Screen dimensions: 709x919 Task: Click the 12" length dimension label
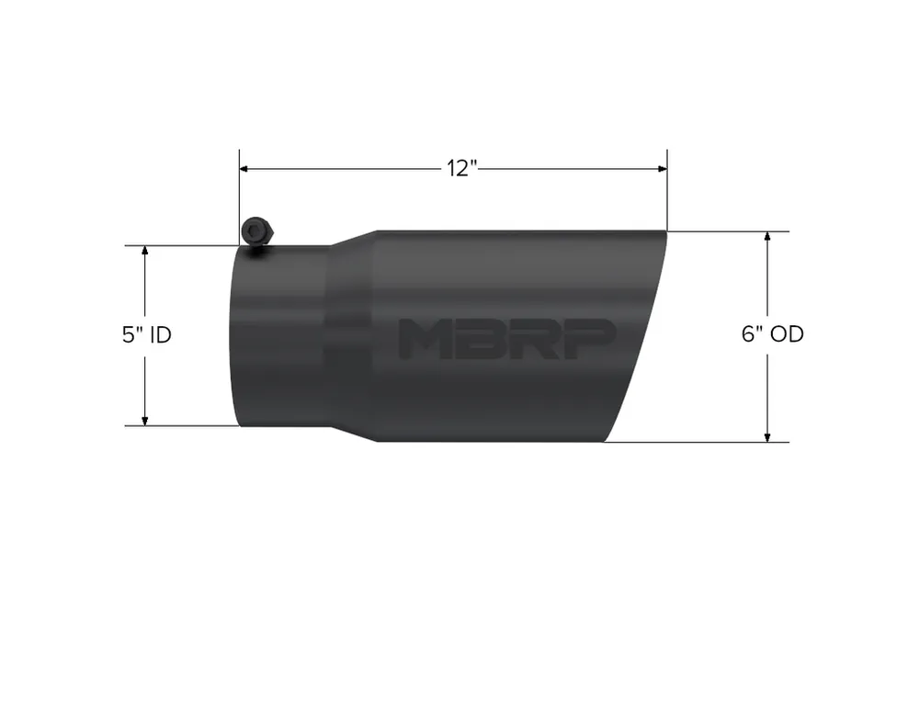tap(463, 169)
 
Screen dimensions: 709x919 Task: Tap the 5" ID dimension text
tap(146, 335)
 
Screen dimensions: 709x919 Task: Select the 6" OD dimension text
tap(773, 334)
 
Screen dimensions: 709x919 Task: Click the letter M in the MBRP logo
tap(425, 339)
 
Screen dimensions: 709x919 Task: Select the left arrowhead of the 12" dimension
tap(245, 169)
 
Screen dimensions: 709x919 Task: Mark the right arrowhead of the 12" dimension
tap(661, 169)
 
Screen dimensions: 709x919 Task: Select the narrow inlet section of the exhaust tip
tap(281, 336)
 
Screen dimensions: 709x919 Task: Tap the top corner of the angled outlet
tap(665, 231)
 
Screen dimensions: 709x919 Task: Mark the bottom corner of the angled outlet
tap(605, 440)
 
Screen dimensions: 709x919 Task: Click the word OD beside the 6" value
tap(788, 334)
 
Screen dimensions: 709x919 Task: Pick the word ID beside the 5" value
tap(160, 335)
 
